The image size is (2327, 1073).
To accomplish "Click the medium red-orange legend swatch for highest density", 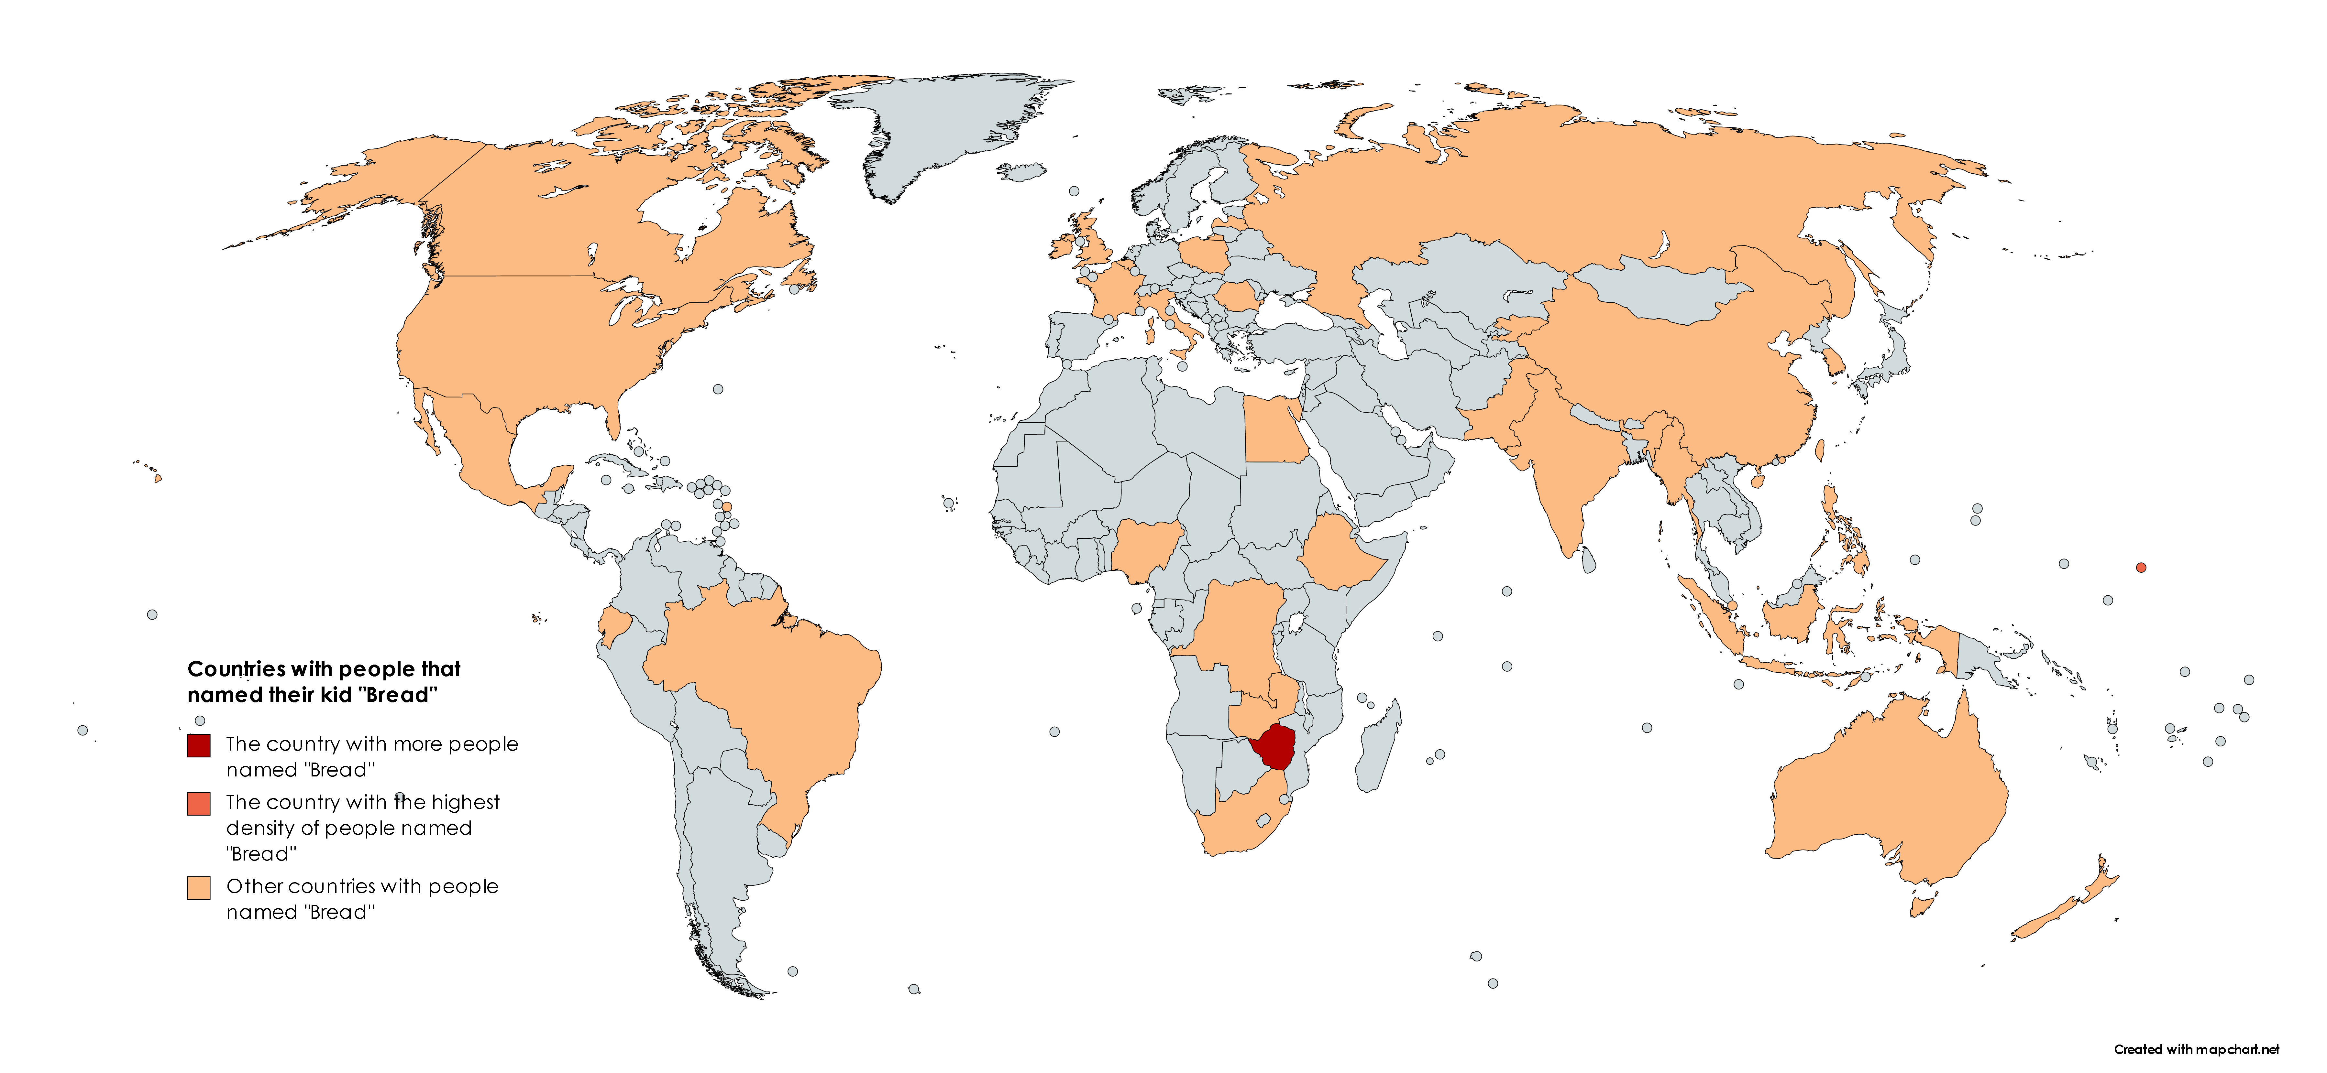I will (x=199, y=803).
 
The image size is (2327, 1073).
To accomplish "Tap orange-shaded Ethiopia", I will (x=1341, y=551).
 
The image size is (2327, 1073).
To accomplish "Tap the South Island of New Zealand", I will (x=2051, y=921).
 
